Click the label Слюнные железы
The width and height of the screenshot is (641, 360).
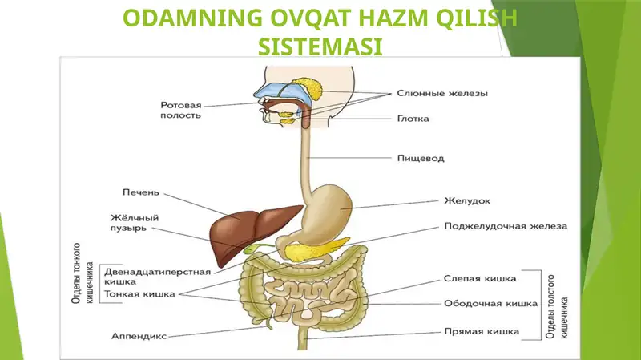click(442, 93)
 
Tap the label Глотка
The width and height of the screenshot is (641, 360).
click(413, 119)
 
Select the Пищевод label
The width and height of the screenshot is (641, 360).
click(421, 158)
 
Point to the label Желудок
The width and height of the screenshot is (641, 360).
click(467, 201)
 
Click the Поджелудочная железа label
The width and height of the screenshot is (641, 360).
click(506, 226)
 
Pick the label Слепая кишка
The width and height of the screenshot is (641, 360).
click(480, 278)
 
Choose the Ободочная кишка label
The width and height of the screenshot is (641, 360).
click(490, 304)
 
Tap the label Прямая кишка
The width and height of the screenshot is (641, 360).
click(482, 331)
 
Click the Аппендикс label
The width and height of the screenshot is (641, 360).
click(139, 336)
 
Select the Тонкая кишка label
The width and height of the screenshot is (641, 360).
click(139, 294)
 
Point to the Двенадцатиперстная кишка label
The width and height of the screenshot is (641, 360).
click(157, 277)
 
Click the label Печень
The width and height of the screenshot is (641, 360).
click(141, 192)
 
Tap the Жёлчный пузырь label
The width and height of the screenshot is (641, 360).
click(134, 223)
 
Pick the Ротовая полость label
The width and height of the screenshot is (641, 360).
click(181, 111)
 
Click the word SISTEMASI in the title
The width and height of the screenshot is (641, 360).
click(320, 46)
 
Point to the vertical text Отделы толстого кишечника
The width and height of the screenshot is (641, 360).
click(557, 307)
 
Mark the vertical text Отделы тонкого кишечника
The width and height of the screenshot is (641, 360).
click(83, 273)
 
